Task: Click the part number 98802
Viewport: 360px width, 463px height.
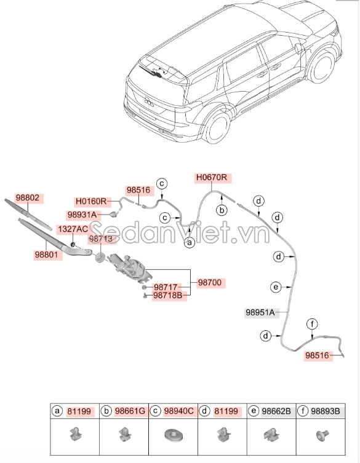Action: point(26,198)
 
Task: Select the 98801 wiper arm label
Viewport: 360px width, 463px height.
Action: point(47,253)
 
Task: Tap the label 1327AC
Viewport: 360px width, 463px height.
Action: point(73,229)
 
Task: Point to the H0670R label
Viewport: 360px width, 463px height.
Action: point(212,178)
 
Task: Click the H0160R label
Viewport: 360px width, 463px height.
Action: point(91,201)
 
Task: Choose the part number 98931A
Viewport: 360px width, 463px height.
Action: point(81,215)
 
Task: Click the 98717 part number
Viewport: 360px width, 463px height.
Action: point(166,287)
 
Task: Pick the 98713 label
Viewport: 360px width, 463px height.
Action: point(100,238)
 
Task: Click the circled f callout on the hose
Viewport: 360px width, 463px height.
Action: point(312,324)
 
